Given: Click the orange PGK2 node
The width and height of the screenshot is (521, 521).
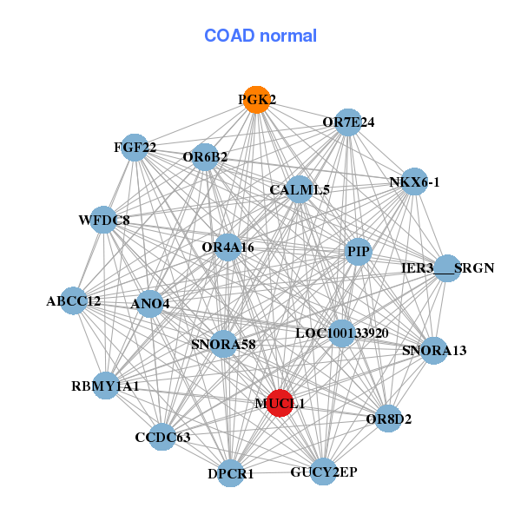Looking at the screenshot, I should point(255,100).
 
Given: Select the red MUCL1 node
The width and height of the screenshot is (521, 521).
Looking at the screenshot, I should point(280,403).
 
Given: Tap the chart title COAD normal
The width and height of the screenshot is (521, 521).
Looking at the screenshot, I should point(260,36).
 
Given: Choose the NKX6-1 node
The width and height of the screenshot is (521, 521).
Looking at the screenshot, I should point(414,181).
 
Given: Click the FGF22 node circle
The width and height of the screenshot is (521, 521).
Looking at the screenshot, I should point(135,148).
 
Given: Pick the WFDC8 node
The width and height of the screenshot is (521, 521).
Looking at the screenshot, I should point(103,221).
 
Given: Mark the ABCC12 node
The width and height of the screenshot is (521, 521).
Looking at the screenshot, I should point(74,301).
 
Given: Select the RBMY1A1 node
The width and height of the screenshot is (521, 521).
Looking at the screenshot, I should point(105,386).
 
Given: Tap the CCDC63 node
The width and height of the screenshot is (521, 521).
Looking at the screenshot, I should point(162,437).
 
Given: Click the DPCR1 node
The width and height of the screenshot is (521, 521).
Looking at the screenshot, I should point(231,473).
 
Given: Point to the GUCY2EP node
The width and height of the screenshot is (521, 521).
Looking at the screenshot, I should point(323,472).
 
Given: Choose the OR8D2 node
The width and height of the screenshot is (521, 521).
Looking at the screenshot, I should point(388,419).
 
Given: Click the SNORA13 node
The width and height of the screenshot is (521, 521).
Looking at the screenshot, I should point(434,351).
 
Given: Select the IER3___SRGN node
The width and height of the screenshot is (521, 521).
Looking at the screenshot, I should point(447,268).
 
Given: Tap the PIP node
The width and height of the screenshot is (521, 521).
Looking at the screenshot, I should point(358,253).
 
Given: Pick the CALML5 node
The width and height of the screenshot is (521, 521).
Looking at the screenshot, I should point(299,189).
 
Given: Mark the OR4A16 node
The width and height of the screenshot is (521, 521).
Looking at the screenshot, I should point(228,247).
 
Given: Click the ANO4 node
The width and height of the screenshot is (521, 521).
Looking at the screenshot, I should point(150,304).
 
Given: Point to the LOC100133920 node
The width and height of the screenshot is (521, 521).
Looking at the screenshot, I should point(341,333).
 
